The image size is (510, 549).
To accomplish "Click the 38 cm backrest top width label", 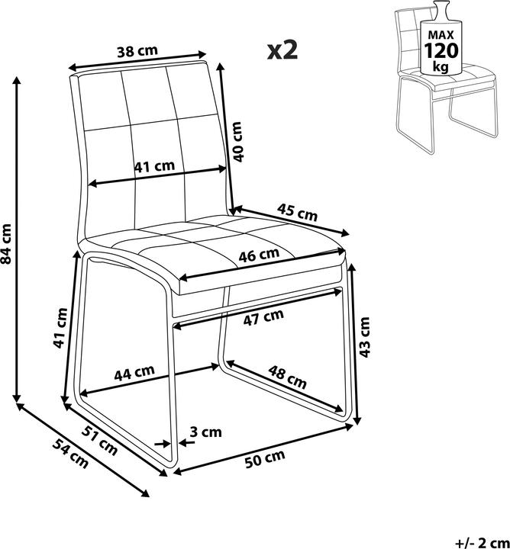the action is click(137, 51).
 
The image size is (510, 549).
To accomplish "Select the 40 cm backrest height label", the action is click(238, 142).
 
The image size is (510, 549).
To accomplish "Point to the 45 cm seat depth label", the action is click(297, 212).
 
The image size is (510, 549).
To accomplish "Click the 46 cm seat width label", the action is click(259, 255).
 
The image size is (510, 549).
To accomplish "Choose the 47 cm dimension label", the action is click(263, 317).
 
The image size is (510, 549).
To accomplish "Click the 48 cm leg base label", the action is click(287, 377).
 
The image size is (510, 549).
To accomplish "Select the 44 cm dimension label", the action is click(134, 373).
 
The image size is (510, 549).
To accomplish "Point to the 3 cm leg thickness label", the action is click(205, 432).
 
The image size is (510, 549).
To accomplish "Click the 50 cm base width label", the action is click(265, 459).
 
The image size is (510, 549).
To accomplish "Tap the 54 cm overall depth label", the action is click(70, 454).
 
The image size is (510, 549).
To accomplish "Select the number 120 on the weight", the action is click(441, 51).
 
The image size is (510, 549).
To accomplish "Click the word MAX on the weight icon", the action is click(441, 35).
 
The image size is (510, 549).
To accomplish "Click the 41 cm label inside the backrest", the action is click(154, 166).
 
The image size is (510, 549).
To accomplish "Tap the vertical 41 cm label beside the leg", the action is click(60, 328).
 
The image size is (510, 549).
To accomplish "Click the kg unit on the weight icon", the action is click(441, 66).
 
